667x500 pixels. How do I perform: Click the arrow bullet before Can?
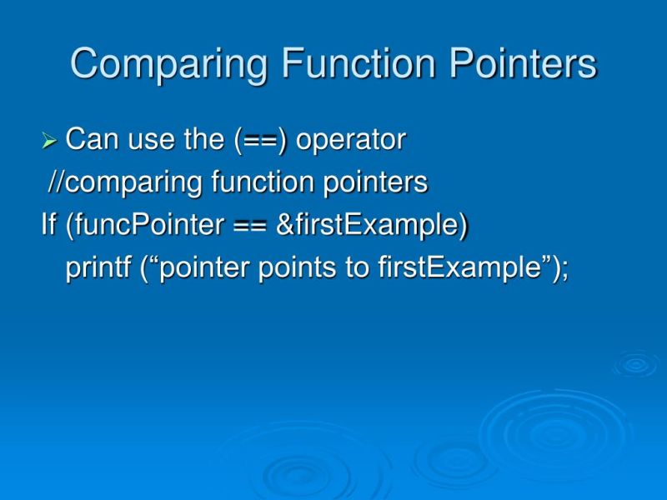49,142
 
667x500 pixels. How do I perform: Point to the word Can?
91,140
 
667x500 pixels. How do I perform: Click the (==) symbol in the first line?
261,140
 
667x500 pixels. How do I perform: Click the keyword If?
49,226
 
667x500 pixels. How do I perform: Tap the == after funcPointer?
249,226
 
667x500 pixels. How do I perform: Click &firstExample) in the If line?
372,226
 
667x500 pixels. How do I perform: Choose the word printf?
98,269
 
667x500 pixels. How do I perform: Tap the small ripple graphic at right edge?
636,363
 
